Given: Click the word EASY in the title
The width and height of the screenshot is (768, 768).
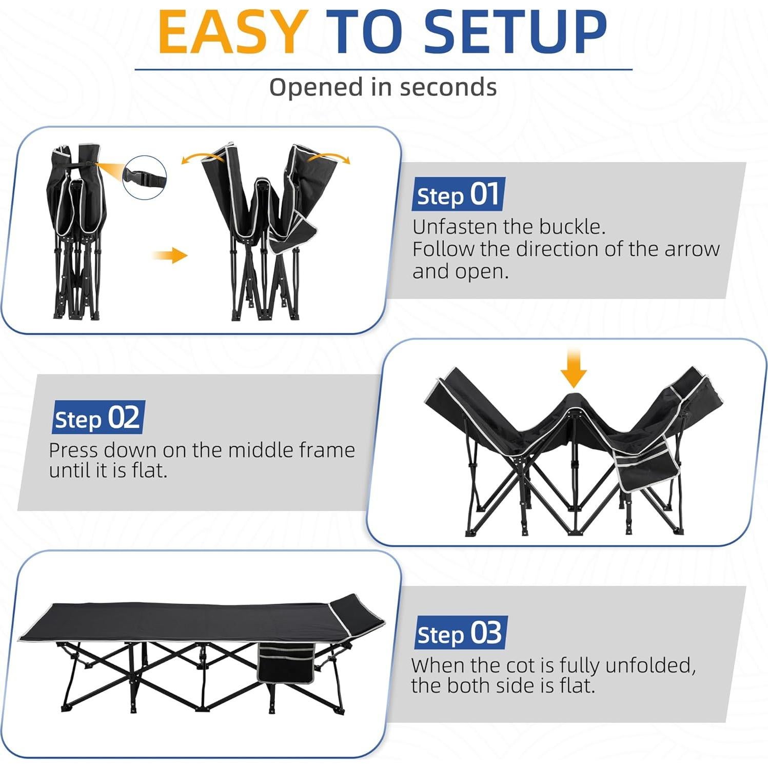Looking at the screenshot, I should pyautogui.click(x=232, y=32).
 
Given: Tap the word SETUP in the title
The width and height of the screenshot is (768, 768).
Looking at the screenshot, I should pyautogui.click(x=515, y=32).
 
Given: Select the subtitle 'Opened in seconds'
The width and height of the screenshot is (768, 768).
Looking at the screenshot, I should pyautogui.click(x=383, y=87).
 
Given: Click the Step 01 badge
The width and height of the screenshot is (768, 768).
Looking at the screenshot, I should pyautogui.click(x=458, y=194).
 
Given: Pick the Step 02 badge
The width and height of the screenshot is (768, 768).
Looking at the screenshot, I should pyautogui.click(x=98, y=418).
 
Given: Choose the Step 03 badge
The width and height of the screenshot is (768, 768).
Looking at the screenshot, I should pyautogui.click(x=460, y=633).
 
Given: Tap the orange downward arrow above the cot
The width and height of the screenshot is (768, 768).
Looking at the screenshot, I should pyautogui.click(x=573, y=368).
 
